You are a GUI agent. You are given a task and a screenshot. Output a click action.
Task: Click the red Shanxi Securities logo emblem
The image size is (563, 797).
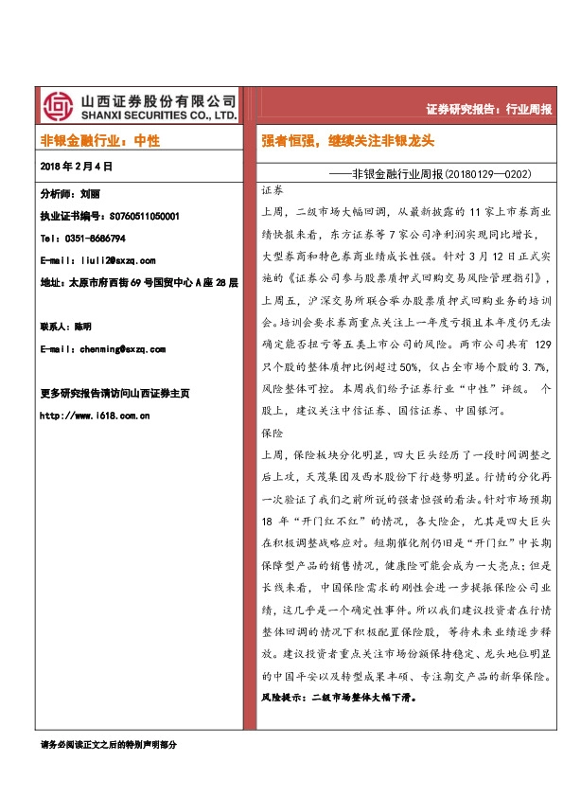click(59, 106)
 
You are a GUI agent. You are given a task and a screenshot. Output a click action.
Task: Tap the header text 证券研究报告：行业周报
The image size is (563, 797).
click(490, 108)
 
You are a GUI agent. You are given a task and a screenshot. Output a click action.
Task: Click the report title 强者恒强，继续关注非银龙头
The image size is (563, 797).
click(348, 141)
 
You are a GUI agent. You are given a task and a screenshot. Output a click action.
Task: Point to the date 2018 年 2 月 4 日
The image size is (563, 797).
click(77, 166)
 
